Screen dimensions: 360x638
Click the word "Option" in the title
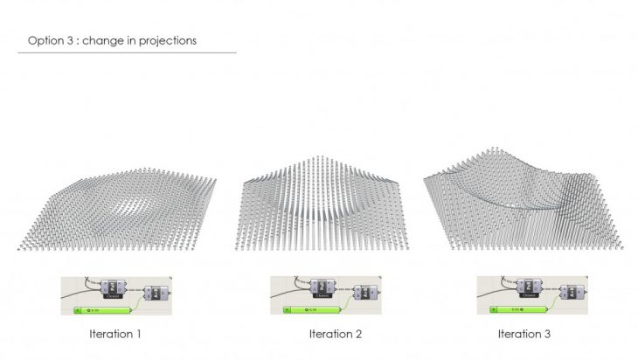tap(45, 40)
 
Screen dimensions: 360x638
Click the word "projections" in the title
tap(169, 40)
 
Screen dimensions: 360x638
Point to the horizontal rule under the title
tap(127, 52)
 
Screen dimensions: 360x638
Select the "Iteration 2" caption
tap(335, 334)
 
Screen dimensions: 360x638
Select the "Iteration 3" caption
tap(524, 334)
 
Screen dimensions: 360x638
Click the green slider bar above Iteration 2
tap(312, 309)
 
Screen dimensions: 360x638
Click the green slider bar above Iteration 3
tap(518, 309)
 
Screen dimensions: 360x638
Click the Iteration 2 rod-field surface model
tap(323, 205)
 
